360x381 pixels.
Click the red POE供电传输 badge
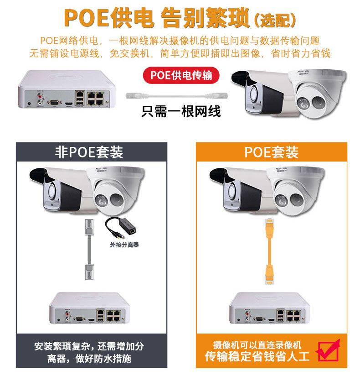(181, 75)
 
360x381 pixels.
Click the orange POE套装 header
(272, 152)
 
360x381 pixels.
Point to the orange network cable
(269, 251)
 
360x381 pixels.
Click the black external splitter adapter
(121, 228)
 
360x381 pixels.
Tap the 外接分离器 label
(124, 245)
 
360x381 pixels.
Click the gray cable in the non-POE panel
(89, 249)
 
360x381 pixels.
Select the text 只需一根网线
(181, 111)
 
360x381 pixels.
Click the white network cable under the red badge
(177, 96)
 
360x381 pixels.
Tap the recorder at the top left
(67, 89)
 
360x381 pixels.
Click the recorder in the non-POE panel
(90, 308)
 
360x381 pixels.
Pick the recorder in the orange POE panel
(269, 308)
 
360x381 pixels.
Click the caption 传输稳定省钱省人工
(257, 356)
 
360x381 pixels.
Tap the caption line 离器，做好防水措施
(89, 359)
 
